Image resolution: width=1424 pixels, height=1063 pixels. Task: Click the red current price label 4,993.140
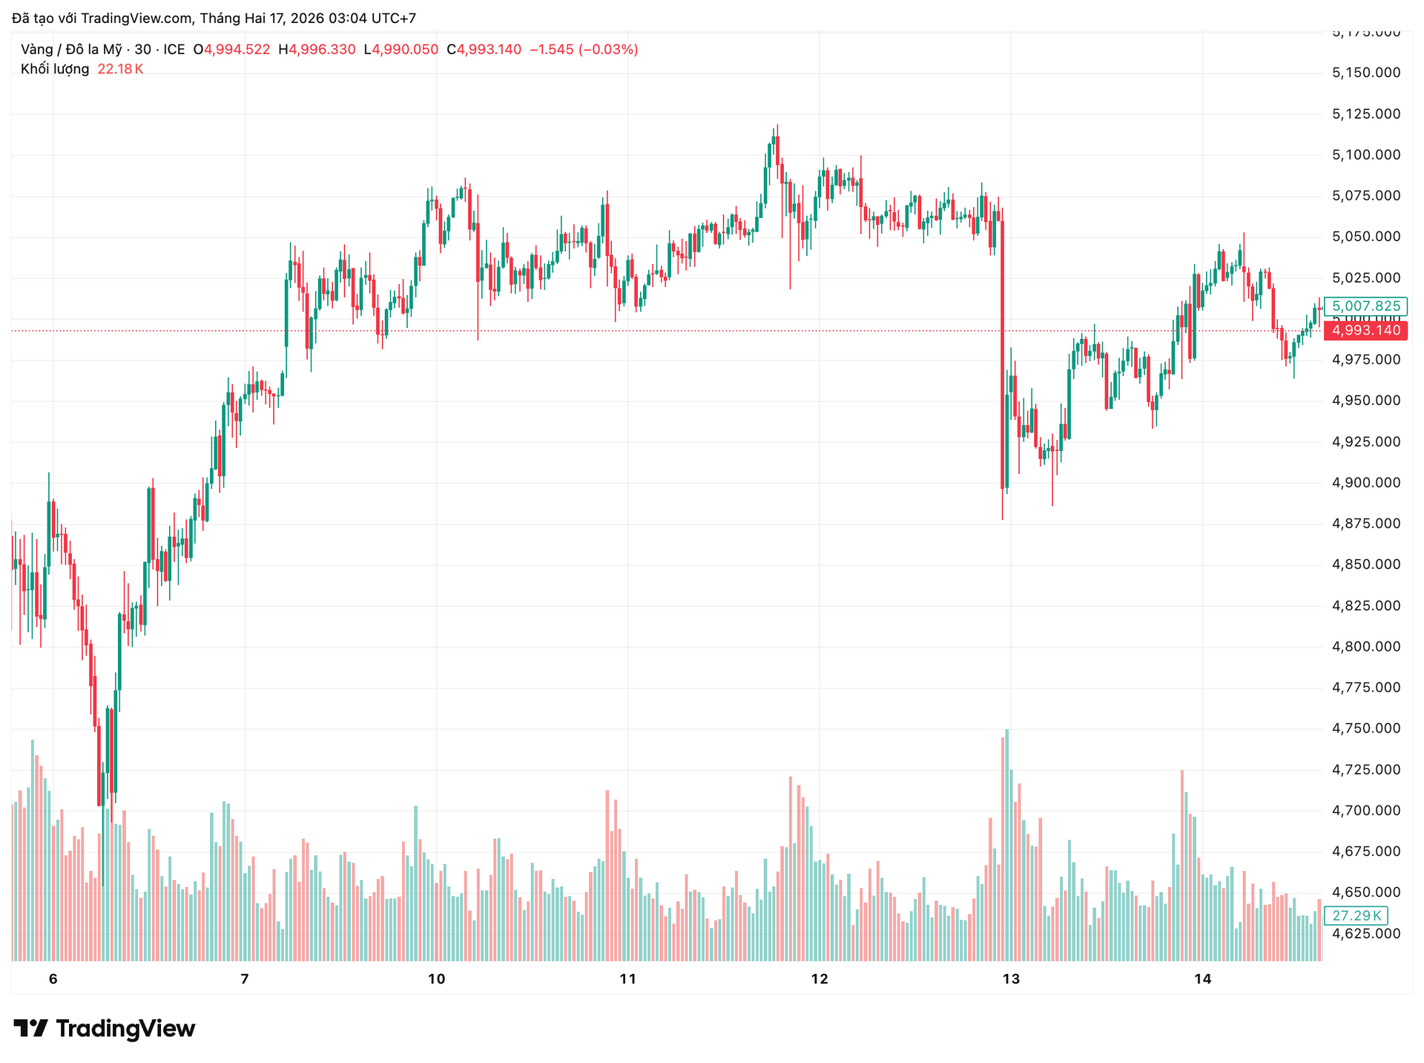point(1365,331)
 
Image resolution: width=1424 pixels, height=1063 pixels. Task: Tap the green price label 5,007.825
point(1365,306)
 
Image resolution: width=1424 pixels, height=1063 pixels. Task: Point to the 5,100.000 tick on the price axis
point(1366,155)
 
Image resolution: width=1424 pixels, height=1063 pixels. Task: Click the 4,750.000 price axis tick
point(1366,728)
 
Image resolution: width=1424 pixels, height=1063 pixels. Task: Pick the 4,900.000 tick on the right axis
point(1366,483)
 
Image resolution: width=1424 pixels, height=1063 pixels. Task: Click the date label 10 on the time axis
point(436,979)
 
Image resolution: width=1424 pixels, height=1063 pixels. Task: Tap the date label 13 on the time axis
point(1011,979)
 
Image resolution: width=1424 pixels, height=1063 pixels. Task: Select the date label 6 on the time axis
point(53,979)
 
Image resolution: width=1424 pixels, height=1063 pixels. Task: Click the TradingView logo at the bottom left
point(105,1029)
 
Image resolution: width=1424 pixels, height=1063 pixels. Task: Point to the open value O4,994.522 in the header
point(231,50)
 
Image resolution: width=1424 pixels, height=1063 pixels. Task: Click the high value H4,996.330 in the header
point(317,50)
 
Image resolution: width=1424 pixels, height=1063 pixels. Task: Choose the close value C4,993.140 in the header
point(484,50)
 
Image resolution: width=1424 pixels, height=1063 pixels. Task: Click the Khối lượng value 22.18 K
point(120,69)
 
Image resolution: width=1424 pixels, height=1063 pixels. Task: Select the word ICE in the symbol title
point(174,50)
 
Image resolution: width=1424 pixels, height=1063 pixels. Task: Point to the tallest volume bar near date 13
point(1006,846)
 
